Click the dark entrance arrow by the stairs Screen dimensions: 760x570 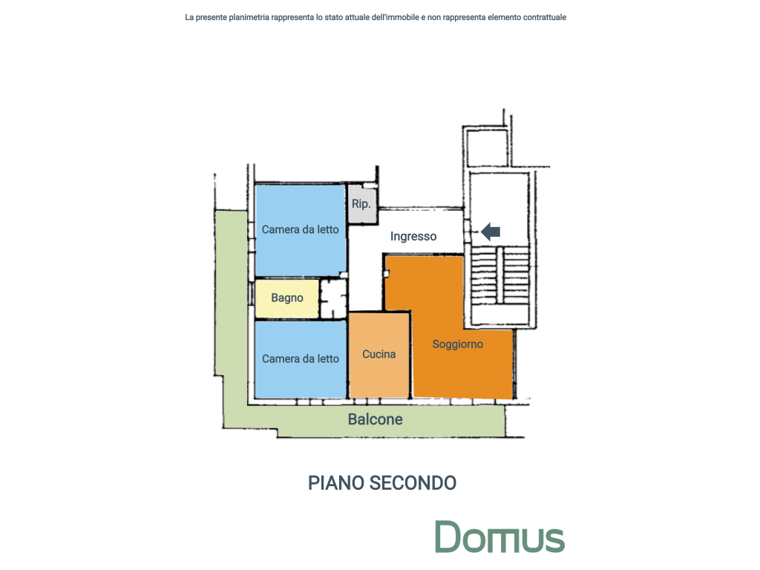click(491, 232)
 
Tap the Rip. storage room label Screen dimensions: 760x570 click(361, 204)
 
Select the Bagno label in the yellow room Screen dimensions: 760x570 click(287, 298)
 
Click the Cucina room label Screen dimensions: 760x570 click(379, 354)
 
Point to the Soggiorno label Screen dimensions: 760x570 click(457, 344)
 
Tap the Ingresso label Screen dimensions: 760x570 click(413, 236)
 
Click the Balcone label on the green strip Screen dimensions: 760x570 click(375, 419)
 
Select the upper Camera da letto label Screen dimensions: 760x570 click(300, 230)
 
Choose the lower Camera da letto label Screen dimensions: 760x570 click(301, 359)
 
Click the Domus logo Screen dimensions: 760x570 click(499, 537)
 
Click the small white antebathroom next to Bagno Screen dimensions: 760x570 click(333, 298)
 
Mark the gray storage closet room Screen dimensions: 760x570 click(362, 203)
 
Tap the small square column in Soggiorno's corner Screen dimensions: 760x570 click(386, 274)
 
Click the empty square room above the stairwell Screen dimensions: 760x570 click(487, 148)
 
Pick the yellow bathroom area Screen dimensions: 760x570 click(287, 298)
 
